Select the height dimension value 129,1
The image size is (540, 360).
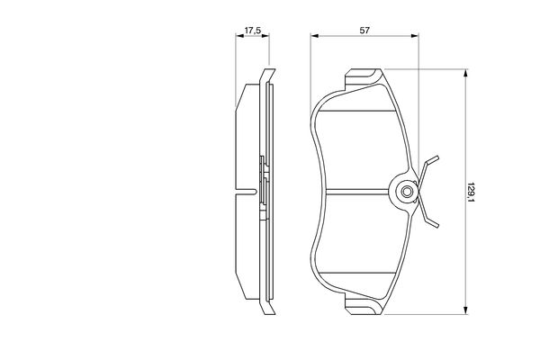pyautogui.click(x=471, y=190)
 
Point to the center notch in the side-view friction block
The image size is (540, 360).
pyautogui.click(x=239, y=192)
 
